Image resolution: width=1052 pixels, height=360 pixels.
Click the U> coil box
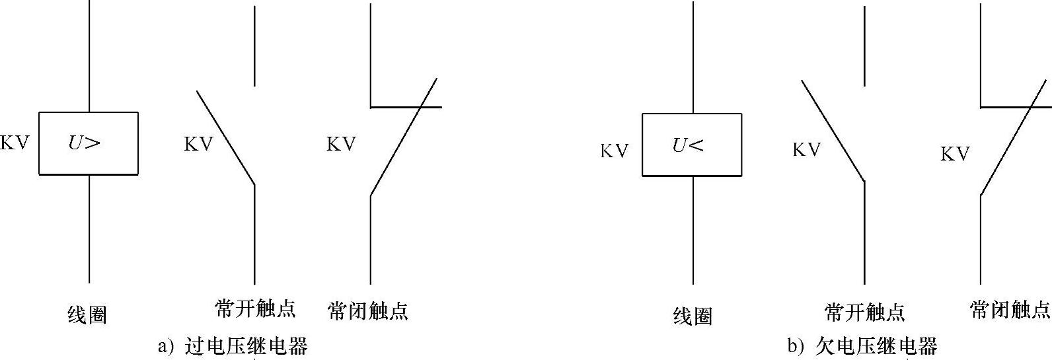tap(89, 143)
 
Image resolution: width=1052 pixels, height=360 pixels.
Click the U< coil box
tap(692, 145)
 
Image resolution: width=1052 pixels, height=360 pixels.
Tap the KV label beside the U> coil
tap(15, 143)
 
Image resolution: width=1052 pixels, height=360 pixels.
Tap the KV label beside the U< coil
tap(614, 151)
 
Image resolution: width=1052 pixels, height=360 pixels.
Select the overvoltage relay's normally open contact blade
tap(225, 137)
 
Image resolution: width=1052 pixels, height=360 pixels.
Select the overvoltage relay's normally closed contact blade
tap(403, 137)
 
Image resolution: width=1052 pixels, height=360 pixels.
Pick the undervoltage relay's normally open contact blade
tap(833, 131)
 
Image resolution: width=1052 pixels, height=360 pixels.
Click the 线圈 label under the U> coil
tap(87, 315)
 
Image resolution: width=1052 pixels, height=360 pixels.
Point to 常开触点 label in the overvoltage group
tap(255, 308)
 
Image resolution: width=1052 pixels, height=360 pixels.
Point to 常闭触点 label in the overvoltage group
tap(367, 310)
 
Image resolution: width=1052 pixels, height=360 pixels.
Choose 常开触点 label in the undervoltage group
tap(864, 312)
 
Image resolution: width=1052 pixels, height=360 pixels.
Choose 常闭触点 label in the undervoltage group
tap(1010, 309)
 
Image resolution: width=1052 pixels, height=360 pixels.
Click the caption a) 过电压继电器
tap(233, 346)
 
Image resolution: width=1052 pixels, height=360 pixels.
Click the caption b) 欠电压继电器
tap(862, 345)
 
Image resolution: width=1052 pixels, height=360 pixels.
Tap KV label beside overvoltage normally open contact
tap(198, 144)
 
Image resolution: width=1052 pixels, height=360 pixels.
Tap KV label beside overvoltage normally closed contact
tap(341, 144)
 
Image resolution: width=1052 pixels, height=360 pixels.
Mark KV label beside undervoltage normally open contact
tap(806, 150)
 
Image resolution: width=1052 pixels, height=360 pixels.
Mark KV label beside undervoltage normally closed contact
tap(955, 154)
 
